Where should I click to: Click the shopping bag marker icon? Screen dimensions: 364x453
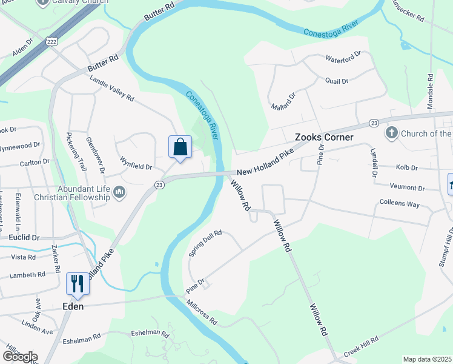click(x=180, y=147)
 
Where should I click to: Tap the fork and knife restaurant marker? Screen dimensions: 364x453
click(x=78, y=283)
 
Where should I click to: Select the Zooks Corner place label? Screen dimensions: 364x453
click(x=323, y=138)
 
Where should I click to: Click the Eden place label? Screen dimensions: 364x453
click(x=73, y=306)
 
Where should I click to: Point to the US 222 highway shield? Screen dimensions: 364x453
click(x=53, y=41)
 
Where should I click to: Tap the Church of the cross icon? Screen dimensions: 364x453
click(x=392, y=133)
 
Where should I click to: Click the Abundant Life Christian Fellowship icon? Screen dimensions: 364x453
click(x=119, y=193)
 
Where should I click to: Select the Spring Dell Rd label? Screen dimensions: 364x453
click(x=205, y=242)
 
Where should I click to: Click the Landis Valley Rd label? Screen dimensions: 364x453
click(x=111, y=89)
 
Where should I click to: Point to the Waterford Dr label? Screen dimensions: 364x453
click(x=343, y=56)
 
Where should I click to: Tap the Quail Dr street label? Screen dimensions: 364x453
click(x=337, y=81)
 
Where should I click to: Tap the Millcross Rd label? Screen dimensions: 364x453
click(x=202, y=312)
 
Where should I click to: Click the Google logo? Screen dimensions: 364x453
click(x=19, y=357)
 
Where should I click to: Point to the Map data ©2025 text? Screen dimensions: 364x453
click(x=427, y=359)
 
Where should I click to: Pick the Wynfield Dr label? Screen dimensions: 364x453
click(x=135, y=163)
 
